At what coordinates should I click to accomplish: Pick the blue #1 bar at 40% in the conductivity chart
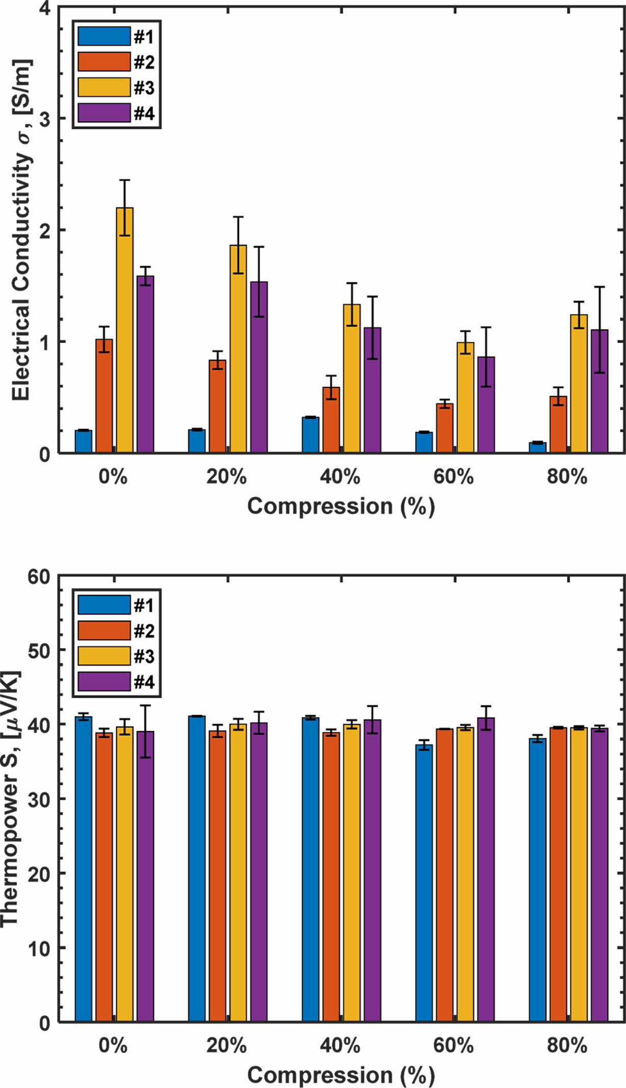tap(310, 435)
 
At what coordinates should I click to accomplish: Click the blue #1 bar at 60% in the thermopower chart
tap(424, 883)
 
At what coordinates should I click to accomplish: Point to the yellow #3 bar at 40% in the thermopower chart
tap(352, 873)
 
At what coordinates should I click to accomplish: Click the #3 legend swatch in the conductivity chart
tap(104, 87)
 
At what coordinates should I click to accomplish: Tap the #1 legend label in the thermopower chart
tap(144, 606)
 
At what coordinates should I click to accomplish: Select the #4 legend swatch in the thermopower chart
tap(104, 681)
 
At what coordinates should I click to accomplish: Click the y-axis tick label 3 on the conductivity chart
tap(45, 119)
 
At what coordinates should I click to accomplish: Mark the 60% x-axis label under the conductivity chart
tap(453, 477)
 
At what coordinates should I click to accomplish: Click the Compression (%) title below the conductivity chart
tap(341, 506)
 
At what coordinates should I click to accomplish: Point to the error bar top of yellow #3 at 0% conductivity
tap(125, 180)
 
